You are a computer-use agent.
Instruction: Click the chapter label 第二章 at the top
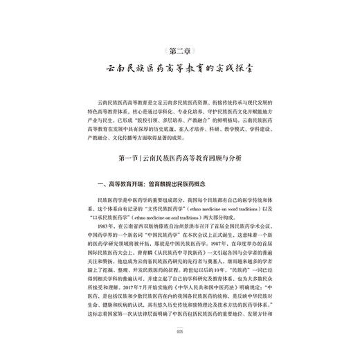click(180, 49)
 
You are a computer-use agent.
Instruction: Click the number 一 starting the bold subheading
click(97, 183)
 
